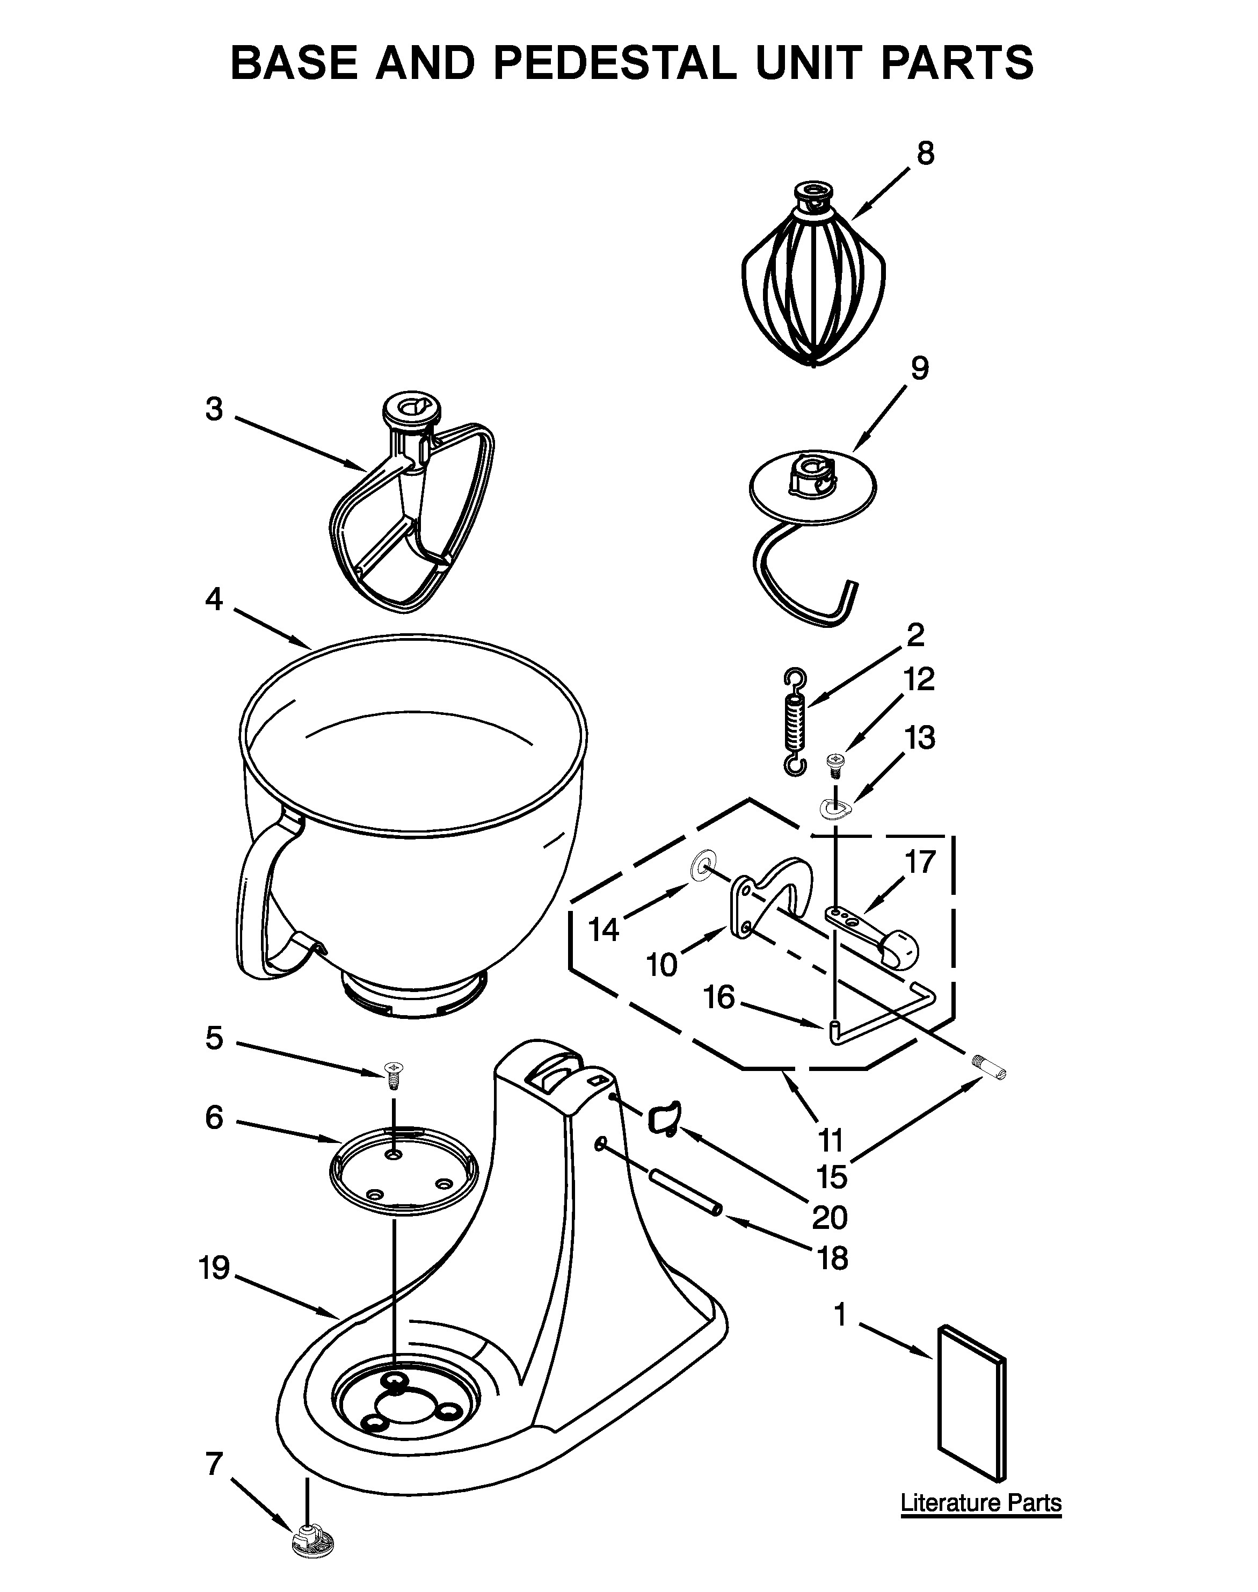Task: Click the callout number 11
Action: [x=830, y=1140]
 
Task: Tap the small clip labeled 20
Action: [x=665, y=1120]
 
